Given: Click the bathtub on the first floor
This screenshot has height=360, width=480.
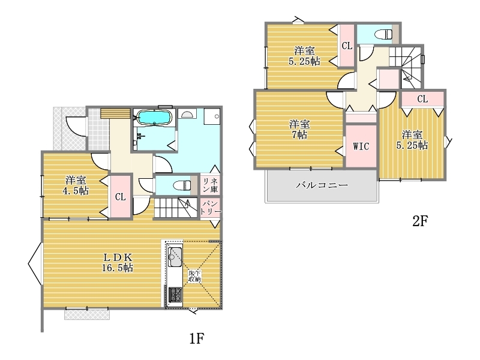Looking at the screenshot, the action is pyautogui.click(x=154, y=118).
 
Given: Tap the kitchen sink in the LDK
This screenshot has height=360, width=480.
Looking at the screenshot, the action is pyautogui.click(x=175, y=257).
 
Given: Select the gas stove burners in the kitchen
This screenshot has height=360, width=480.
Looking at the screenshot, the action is pyautogui.click(x=175, y=295).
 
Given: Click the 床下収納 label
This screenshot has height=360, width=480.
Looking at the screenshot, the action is pyautogui.click(x=194, y=276).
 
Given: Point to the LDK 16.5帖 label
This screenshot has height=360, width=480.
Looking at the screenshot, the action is pyautogui.click(x=117, y=262).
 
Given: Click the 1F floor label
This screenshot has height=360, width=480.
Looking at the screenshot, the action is pyautogui.click(x=196, y=338).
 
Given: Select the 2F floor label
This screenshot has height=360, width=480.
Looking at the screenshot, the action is pyautogui.click(x=419, y=221).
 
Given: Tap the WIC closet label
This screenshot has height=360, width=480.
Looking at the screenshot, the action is pyautogui.click(x=361, y=146).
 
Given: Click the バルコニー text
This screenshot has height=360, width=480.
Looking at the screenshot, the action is pyautogui.click(x=322, y=185).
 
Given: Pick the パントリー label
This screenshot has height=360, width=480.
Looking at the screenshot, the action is pyautogui.click(x=211, y=208).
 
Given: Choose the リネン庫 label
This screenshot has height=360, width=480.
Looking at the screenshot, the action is pyautogui.click(x=210, y=185).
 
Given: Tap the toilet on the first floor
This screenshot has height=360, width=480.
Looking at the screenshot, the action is pyautogui.click(x=182, y=185).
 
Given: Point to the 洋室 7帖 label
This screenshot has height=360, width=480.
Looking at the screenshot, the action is pyautogui.click(x=299, y=129).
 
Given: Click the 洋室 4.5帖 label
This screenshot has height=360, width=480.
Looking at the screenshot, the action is pyautogui.click(x=76, y=185).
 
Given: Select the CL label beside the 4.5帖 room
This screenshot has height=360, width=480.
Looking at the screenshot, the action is pyautogui.click(x=121, y=197).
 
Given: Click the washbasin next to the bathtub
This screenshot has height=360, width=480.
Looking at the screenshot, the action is pyautogui.click(x=187, y=115).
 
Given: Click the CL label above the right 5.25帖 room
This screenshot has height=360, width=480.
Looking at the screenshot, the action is pyautogui.click(x=422, y=99).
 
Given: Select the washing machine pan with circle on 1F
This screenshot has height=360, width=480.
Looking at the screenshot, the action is pyautogui.click(x=212, y=116).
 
